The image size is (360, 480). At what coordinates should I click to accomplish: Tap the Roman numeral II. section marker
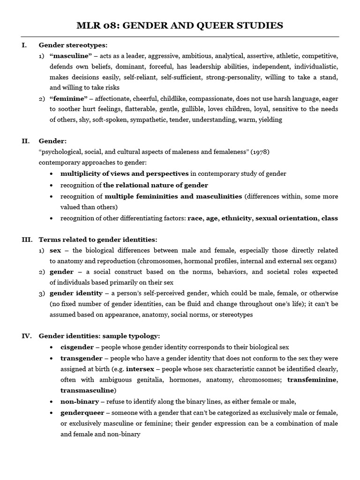(x=27, y=141)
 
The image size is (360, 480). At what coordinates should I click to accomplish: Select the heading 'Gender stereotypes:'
(x=73, y=45)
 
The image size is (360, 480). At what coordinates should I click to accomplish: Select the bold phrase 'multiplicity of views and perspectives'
(x=124, y=173)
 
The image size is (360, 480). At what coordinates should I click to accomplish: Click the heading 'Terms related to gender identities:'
(x=98, y=240)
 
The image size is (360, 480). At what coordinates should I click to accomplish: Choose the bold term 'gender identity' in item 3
(x=76, y=293)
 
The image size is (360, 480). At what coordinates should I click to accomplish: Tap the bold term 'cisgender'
(x=77, y=347)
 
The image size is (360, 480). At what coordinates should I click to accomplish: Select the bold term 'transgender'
(x=82, y=358)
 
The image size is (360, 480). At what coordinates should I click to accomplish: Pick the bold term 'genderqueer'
(x=81, y=412)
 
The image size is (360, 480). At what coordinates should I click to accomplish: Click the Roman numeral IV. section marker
(x=27, y=336)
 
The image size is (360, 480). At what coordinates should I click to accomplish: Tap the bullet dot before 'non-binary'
(x=51, y=402)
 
